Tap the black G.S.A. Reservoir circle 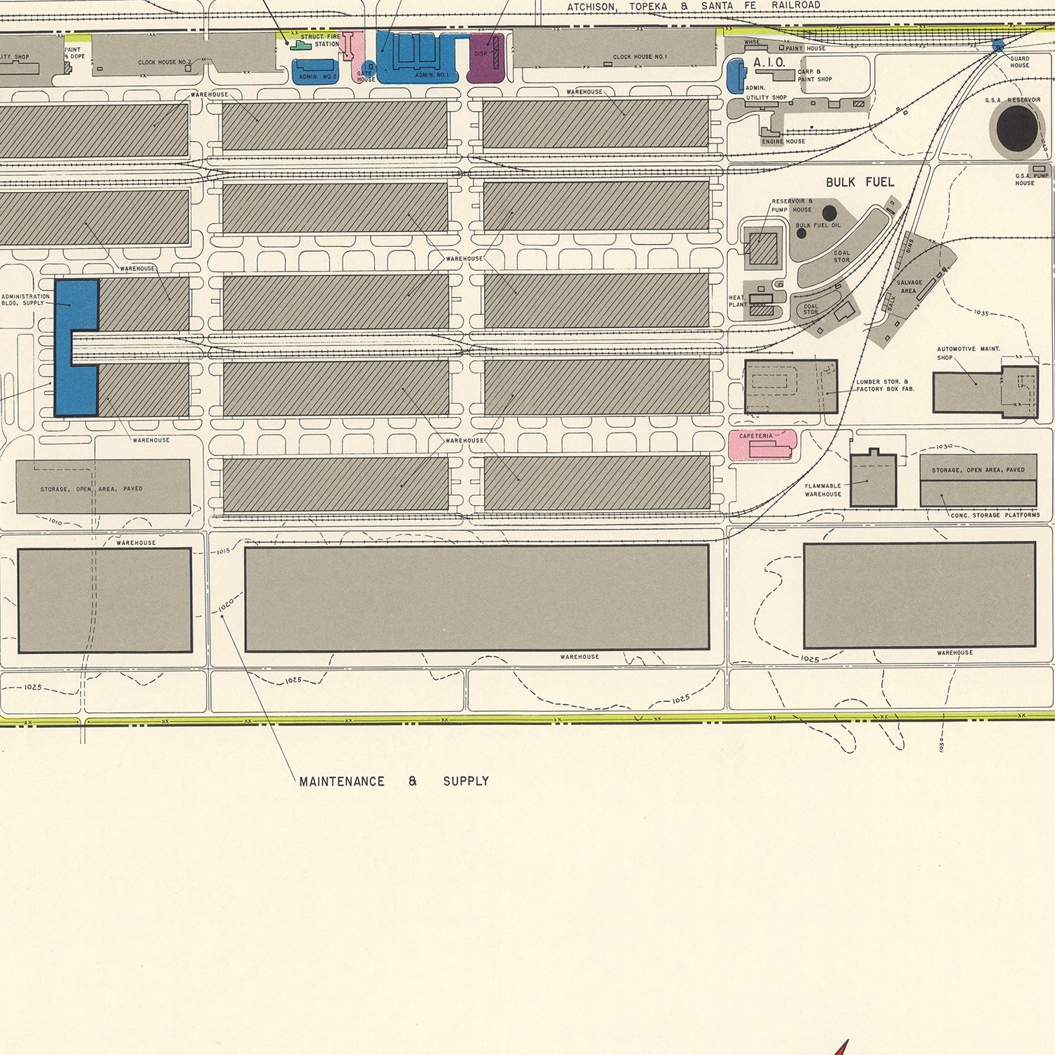pyautogui.click(x=1017, y=129)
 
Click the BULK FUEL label pyautogui.click(x=859, y=182)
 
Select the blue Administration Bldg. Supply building pyautogui.click(x=76, y=348)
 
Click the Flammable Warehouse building pyautogui.click(x=873, y=480)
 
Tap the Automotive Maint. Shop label pyautogui.click(x=967, y=353)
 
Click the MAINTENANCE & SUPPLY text pyautogui.click(x=394, y=781)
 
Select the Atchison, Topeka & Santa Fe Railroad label pyautogui.click(x=693, y=6)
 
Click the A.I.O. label pyautogui.click(x=769, y=63)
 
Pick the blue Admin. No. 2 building pyautogui.click(x=314, y=72)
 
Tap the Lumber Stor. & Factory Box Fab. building pyautogui.click(x=791, y=387)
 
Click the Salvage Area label pyautogui.click(x=909, y=286)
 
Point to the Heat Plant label pyautogui.click(x=737, y=301)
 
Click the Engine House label pyautogui.click(x=783, y=141)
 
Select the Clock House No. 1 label pyautogui.click(x=639, y=57)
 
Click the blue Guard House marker pyautogui.click(x=998, y=46)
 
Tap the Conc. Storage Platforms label pyautogui.click(x=995, y=516)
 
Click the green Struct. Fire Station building pyautogui.click(x=301, y=46)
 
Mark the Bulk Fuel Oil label pyautogui.click(x=817, y=226)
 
